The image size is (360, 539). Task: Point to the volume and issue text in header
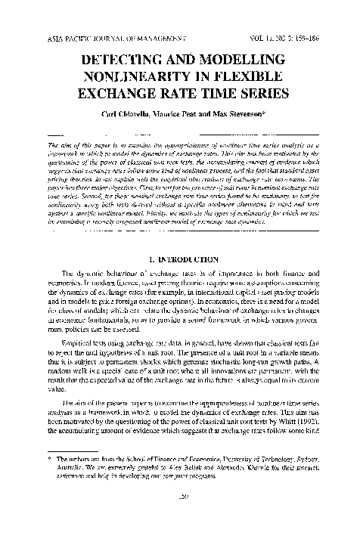(x=287, y=37)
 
